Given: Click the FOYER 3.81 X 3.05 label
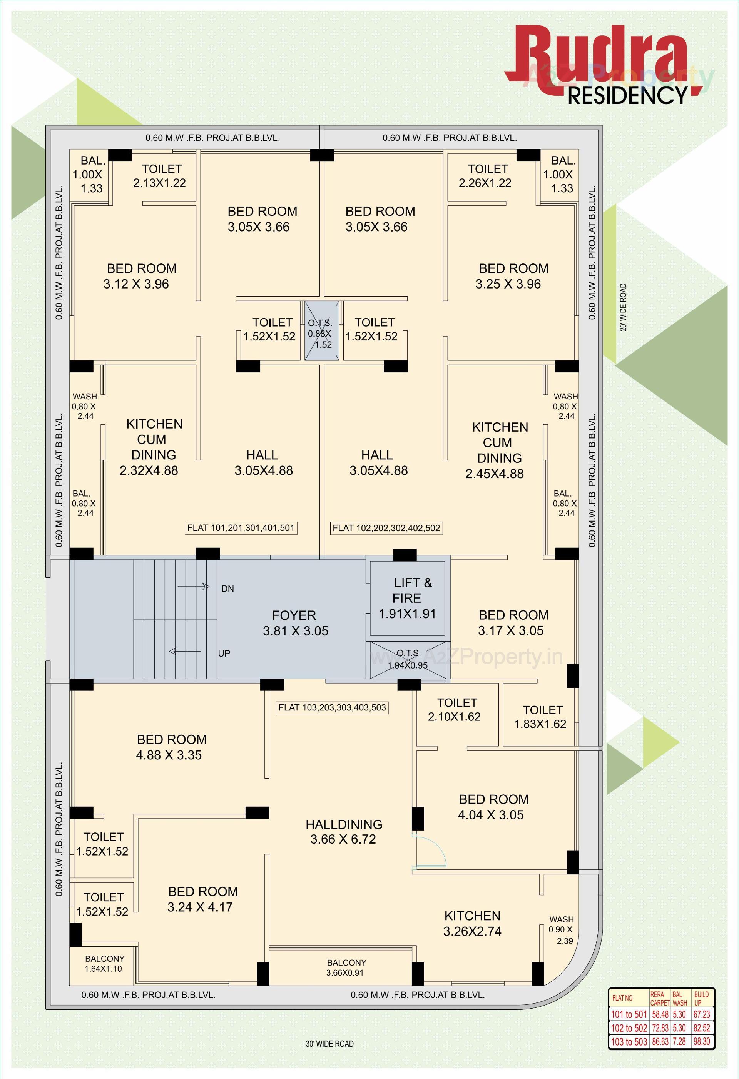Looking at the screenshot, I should click(295, 623).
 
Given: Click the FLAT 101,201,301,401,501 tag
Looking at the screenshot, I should click(241, 528).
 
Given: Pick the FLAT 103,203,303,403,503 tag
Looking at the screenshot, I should click(332, 707).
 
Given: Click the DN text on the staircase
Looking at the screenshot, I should click(227, 589).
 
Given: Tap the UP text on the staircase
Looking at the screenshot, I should click(224, 653).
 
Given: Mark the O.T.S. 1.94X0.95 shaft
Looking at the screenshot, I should click(408, 659).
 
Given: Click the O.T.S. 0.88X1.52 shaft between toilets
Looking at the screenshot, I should click(321, 330).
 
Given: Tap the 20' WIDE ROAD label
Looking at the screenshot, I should click(624, 307).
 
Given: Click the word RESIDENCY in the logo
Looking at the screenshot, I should click(627, 95).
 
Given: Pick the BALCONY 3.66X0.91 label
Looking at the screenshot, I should click(346, 967).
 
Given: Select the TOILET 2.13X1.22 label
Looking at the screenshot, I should click(160, 175).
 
